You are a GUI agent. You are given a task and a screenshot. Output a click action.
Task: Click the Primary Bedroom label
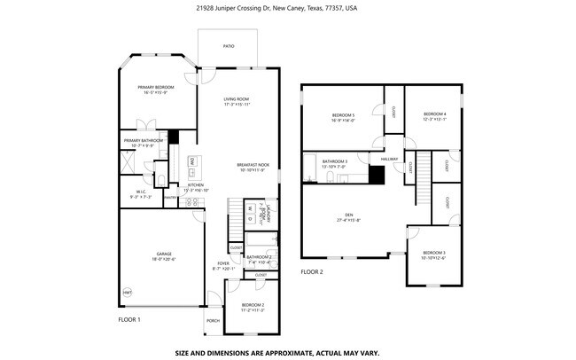(155, 87)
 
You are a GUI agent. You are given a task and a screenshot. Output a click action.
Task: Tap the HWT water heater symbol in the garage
(127, 292)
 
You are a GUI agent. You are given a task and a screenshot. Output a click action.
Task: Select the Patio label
(228, 44)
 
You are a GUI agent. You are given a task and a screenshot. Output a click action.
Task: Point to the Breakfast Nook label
(253, 165)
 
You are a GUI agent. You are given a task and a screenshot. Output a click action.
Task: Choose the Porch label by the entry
(213, 320)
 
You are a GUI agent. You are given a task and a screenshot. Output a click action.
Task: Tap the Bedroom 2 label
(253, 305)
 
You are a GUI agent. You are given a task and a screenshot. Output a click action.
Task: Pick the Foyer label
(223, 263)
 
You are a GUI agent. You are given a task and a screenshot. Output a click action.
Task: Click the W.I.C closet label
(141, 192)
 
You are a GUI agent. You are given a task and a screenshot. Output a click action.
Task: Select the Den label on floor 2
(349, 215)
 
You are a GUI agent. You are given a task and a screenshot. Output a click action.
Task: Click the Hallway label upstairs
(390, 160)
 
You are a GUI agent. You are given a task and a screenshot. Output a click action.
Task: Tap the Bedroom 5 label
(343, 115)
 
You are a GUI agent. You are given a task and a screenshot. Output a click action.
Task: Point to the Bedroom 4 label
(434, 114)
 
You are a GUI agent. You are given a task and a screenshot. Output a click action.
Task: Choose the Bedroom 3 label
(432, 254)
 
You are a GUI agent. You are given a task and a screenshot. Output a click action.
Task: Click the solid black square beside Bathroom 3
(378, 175)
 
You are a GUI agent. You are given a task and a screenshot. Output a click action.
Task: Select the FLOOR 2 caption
(312, 272)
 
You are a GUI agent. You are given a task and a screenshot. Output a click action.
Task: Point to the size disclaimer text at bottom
(276, 352)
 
